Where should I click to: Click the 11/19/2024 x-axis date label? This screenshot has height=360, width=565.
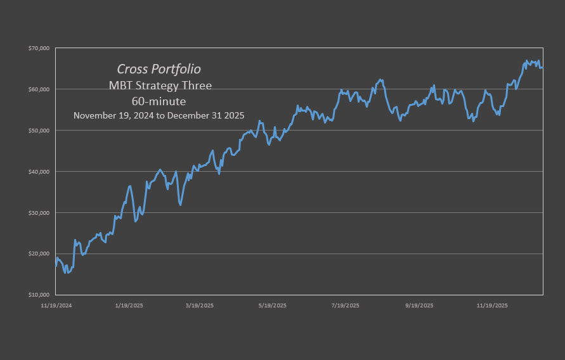56,305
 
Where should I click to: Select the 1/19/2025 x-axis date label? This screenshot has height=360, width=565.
129,305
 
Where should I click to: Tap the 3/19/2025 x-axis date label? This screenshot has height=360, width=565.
200,305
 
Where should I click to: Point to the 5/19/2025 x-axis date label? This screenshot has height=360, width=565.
273,305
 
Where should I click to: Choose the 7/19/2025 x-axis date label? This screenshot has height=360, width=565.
346,305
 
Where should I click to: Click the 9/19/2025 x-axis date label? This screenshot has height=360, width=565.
419,305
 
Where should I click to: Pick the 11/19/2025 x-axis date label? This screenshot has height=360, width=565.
492,305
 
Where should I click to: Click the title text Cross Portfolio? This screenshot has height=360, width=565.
159,69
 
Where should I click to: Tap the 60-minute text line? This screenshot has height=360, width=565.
159,101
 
